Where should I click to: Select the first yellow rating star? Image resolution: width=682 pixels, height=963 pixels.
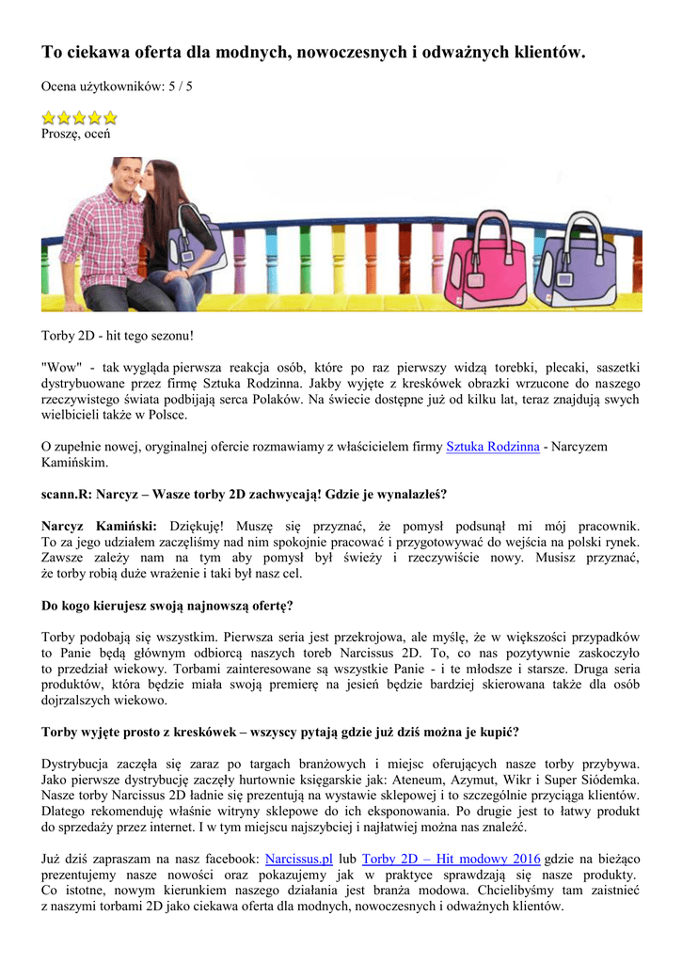coord(50,118)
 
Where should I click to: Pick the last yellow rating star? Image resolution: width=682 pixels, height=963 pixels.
coord(110,118)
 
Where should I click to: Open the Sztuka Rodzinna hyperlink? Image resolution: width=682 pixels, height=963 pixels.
coord(492,447)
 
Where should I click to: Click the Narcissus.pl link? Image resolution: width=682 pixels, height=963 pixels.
coord(299,859)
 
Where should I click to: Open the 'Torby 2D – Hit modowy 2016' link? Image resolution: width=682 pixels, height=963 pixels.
coord(452,859)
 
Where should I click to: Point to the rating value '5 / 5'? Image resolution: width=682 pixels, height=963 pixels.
coord(180,87)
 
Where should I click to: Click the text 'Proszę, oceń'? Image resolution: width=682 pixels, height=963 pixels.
coord(75,134)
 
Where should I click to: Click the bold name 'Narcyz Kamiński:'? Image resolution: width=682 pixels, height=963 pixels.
coord(99,526)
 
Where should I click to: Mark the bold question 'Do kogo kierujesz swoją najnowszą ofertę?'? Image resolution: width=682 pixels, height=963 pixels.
coord(173,605)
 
